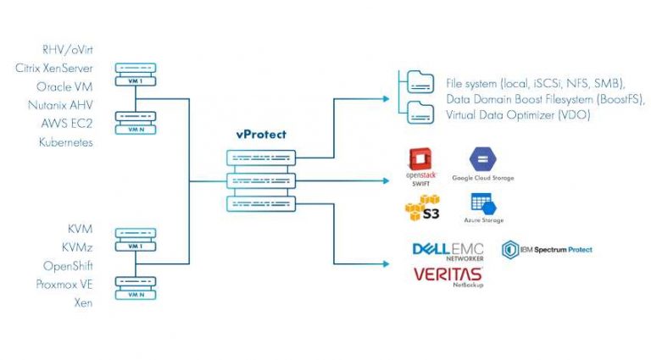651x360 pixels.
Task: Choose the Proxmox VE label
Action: click(x=64, y=284)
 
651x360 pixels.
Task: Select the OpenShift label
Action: click(x=68, y=265)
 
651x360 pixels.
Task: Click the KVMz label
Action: click(x=77, y=246)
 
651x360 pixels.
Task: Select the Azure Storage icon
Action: click(x=482, y=204)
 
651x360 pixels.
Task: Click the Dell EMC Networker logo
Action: click(x=447, y=251)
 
